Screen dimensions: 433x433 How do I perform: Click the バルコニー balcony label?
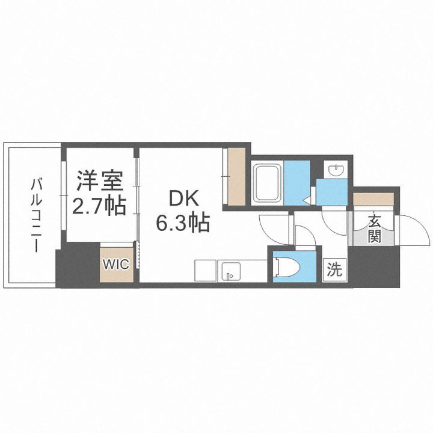pos(35,214)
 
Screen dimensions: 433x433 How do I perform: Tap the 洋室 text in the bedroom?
pos(99,180)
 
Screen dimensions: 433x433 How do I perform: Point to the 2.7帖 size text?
pos(99,206)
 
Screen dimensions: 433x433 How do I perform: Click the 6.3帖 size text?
pos(183,224)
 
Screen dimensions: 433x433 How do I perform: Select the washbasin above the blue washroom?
pos(334,170)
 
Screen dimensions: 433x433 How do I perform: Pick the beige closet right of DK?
pos(236,176)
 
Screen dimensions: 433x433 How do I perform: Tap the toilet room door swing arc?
pos(303,238)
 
